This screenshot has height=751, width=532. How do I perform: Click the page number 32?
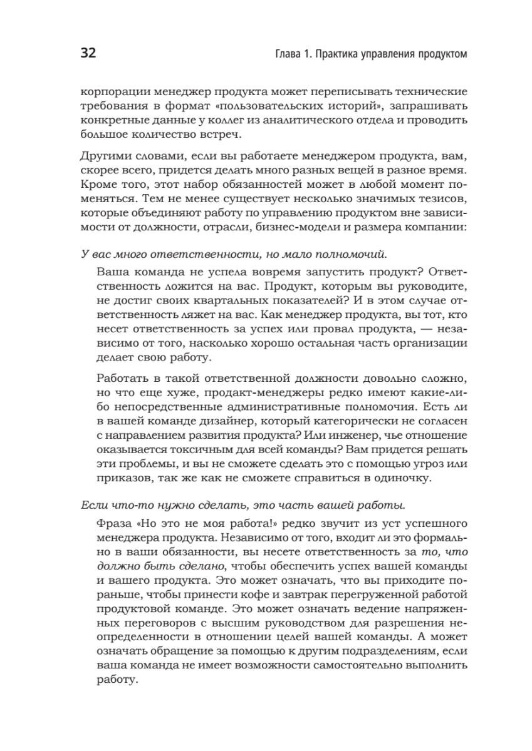(88, 54)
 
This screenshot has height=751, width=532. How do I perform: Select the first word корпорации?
(112, 91)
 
